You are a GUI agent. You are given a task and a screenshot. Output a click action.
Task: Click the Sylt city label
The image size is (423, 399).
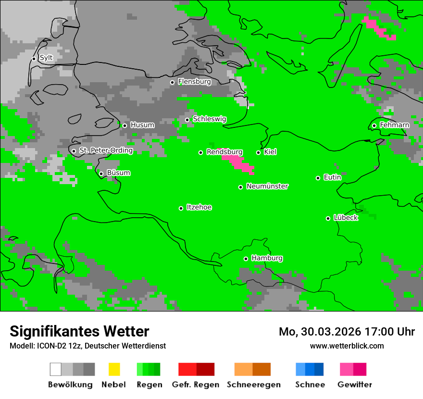46,58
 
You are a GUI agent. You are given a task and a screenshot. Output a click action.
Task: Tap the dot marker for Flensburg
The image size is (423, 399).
172,82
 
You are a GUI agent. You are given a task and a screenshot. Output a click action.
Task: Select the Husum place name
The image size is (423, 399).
142,125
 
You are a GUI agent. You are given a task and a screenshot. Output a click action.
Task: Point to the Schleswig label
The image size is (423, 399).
209,119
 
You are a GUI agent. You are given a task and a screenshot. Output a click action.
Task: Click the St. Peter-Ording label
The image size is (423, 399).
106,150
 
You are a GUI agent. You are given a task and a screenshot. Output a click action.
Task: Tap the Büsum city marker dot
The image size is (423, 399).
101,174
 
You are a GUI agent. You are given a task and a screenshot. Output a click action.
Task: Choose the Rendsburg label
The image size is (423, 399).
224,152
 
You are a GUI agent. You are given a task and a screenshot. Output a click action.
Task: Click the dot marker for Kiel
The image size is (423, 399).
258,152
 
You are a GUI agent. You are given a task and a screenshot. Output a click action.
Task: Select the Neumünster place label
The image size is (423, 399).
267,186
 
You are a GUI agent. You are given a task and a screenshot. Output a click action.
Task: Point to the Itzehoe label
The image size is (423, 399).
199,207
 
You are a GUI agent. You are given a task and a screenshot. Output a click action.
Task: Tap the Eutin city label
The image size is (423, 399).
332,177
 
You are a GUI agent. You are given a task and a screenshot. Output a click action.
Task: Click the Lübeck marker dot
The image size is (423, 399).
328,218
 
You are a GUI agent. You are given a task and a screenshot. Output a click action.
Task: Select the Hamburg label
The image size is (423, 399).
267,258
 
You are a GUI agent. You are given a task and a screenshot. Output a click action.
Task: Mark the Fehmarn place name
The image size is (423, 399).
394,125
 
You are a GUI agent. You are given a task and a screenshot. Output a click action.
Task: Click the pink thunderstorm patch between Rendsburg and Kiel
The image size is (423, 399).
237,161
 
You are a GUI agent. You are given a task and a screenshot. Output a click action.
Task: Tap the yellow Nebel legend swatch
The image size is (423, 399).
114,369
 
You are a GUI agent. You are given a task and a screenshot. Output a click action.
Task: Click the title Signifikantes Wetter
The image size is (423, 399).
79,331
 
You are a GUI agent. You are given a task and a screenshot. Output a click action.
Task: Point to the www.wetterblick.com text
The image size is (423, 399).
347,346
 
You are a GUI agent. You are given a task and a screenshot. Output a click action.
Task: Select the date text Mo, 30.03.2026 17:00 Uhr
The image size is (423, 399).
347,332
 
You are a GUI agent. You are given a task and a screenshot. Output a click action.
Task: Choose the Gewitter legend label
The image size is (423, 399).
354,385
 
